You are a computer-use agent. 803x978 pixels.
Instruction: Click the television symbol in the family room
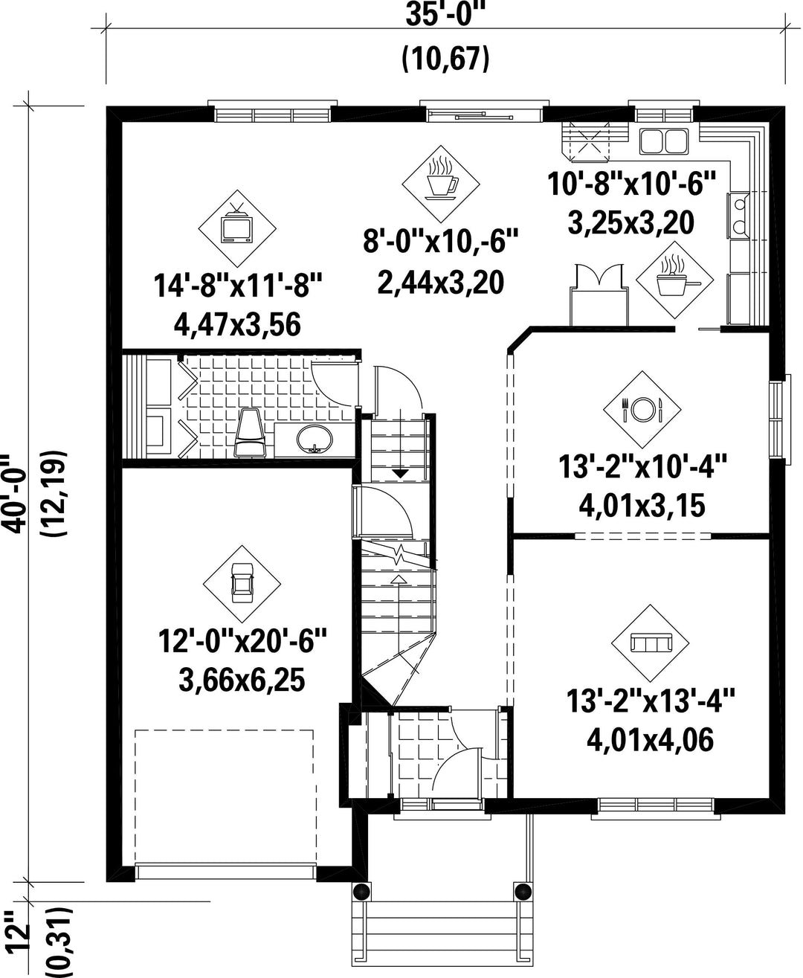[237, 226]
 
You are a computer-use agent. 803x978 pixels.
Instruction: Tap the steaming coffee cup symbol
[441, 181]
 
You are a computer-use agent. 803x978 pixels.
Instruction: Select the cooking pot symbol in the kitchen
[674, 278]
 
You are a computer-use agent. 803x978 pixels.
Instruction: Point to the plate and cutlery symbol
[642, 408]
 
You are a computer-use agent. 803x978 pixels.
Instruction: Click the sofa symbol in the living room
[650, 643]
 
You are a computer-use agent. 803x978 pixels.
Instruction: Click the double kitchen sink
[664, 141]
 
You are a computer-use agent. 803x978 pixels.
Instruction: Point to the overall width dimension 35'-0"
[445, 15]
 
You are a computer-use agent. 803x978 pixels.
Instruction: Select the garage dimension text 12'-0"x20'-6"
[243, 641]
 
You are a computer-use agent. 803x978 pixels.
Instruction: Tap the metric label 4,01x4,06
[650, 740]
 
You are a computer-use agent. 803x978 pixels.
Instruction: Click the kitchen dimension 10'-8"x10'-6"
[633, 184]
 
